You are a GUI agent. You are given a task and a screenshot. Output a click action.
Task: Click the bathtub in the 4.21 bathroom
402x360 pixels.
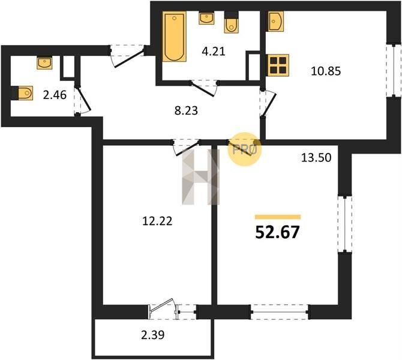175,36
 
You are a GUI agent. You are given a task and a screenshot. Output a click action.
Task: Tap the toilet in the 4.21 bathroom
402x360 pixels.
231,23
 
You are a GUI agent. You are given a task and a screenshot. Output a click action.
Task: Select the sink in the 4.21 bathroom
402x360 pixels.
206,18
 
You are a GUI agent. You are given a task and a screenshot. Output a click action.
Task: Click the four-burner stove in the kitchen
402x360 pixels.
278,65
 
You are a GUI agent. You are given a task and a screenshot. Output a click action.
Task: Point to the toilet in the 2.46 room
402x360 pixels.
22,93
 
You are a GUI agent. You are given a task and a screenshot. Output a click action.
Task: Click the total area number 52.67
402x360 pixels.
277,232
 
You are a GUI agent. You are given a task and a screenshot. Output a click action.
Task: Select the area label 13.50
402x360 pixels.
316,157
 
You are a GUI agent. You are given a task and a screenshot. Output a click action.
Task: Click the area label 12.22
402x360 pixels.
157,221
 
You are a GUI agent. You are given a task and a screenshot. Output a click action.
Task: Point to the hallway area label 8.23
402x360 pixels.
186,111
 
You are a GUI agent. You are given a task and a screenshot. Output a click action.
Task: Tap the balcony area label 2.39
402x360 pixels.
153,335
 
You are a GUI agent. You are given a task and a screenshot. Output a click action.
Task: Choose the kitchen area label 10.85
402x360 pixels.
326,71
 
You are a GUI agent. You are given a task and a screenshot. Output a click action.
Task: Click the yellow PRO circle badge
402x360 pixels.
244,149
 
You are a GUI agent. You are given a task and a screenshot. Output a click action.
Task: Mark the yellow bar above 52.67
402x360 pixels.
278,217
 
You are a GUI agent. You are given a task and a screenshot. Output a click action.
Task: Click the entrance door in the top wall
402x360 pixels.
127,55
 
